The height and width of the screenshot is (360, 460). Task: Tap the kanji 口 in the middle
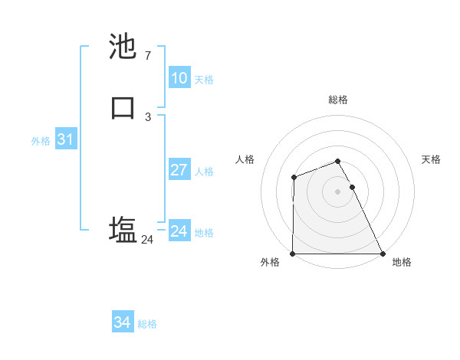pyautogui.click(x=123, y=107)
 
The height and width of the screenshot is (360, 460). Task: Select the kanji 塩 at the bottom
pyautogui.click(x=123, y=229)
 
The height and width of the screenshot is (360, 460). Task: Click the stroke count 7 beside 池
pyautogui.click(x=147, y=56)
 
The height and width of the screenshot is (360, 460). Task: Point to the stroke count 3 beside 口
pyautogui.click(x=147, y=116)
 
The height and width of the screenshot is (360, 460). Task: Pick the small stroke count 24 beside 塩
pyautogui.click(x=147, y=240)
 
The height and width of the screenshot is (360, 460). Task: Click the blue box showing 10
pyautogui.click(x=179, y=78)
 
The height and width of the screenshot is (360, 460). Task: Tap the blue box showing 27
pyautogui.click(x=179, y=170)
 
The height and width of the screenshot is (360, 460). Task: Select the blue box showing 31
pyautogui.click(x=65, y=140)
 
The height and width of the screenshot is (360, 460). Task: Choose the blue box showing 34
pyautogui.click(x=122, y=322)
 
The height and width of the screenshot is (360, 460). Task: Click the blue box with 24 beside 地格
pyautogui.click(x=179, y=231)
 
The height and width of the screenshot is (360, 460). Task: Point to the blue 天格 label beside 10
pyautogui.click(x=204, y=80)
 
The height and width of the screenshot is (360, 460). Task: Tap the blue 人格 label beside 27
pyautogui.click(x=205, y=172)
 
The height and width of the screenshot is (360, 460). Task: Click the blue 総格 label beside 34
pyautogui.click(x=147, y=324)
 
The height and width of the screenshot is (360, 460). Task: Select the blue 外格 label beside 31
pyautogui.click(x=41, y=141)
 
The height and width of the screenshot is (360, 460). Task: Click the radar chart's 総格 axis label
pyautogui.click(x=338, y=100)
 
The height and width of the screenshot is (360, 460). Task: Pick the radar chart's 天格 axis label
pyautogui.click(x=432, y=159)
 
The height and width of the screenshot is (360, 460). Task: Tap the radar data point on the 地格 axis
pyautogui.click(x=383, y=254)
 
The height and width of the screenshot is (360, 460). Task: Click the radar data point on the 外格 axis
pyautogui.click(x=293, y=254)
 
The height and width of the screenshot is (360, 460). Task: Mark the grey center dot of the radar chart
pyautogui.click(x=338, y=191)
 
